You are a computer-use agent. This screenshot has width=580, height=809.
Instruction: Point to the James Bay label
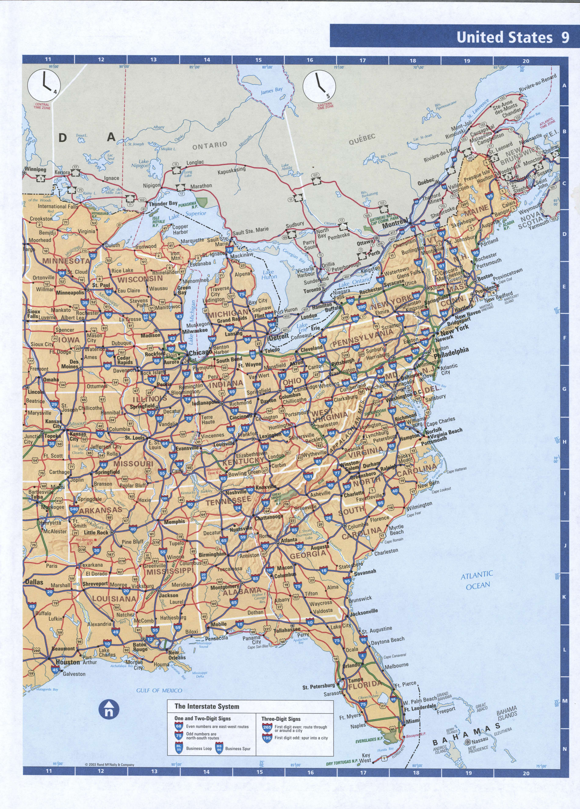(271, 91)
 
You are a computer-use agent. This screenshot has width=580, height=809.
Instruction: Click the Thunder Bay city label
(163, 204)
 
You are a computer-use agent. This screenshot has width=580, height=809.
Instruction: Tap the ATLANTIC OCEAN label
(477, 580)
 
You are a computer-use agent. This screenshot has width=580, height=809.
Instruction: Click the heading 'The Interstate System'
(207, 706)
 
